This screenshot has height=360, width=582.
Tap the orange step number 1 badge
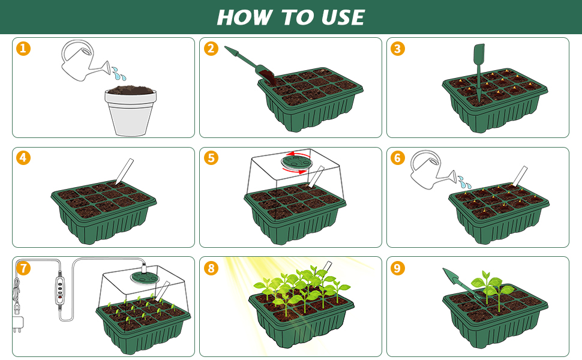[x=23, y=49]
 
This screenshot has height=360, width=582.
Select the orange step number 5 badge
[x=211, y=158]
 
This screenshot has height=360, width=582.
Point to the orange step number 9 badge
[x=397, y=268]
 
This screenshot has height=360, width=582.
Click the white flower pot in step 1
[x=130, y=112]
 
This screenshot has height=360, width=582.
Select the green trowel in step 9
[x=463, y=284]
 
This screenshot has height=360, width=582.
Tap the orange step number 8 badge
[x=211, y=268]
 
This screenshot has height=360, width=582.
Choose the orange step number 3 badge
[x=397, y=49]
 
